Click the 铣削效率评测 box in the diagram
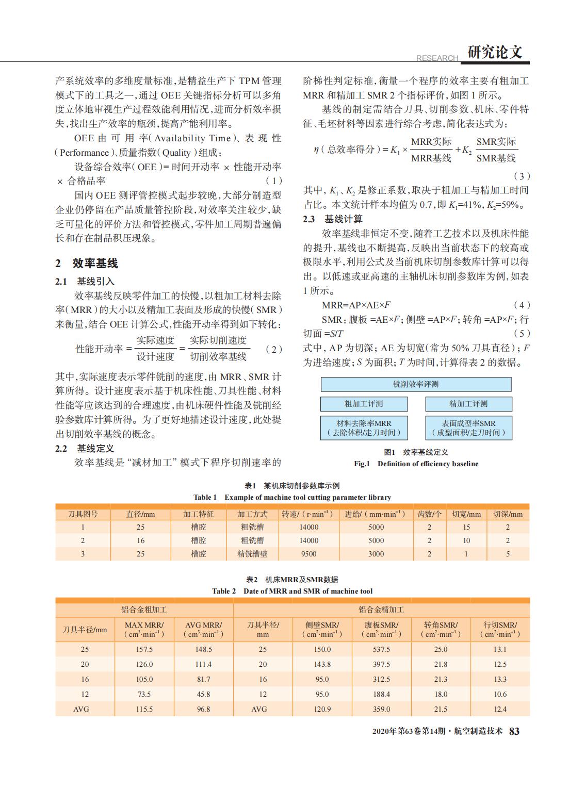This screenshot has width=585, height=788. click(x=416, y=384)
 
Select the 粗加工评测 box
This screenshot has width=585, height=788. click(x=364, y=404)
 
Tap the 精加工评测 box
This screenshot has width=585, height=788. click(x=468, y=404)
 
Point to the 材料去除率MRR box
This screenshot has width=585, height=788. click(x=364, y=428)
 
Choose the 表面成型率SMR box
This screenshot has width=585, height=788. click(x=468, y=428)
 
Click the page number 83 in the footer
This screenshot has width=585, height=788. click(x=514, y=731)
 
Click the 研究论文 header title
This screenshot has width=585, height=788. click(x=495, y=52)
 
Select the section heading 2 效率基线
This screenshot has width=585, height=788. click(x=87, y=264)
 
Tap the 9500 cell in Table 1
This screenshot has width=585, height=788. click(x=308, y=554)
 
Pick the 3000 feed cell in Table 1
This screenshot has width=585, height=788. click(x=376, y=554)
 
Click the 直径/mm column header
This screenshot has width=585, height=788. click(x=140, y=514)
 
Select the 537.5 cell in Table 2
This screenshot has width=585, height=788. click(x=381, y=649)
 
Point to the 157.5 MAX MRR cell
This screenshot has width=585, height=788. click(x=144, y=649)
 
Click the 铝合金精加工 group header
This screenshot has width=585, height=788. click(x=381, y=610)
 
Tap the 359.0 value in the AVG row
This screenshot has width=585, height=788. click(x=381, y=709)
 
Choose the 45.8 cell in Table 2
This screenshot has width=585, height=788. click(x=203, y=694)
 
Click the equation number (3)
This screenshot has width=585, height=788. click(x=522, y=176)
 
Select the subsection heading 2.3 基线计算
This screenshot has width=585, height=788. click(x=333, y=219)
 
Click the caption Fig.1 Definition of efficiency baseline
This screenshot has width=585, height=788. click(x=416, y=464)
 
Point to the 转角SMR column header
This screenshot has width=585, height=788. click(x=441, y=629)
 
